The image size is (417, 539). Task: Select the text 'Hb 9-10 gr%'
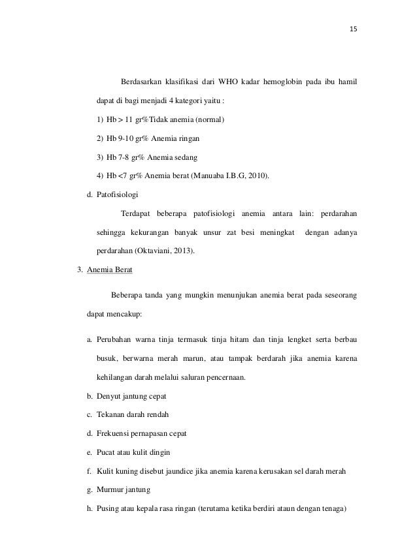[125, 139]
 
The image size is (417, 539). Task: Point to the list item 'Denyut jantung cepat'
[131, 396]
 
